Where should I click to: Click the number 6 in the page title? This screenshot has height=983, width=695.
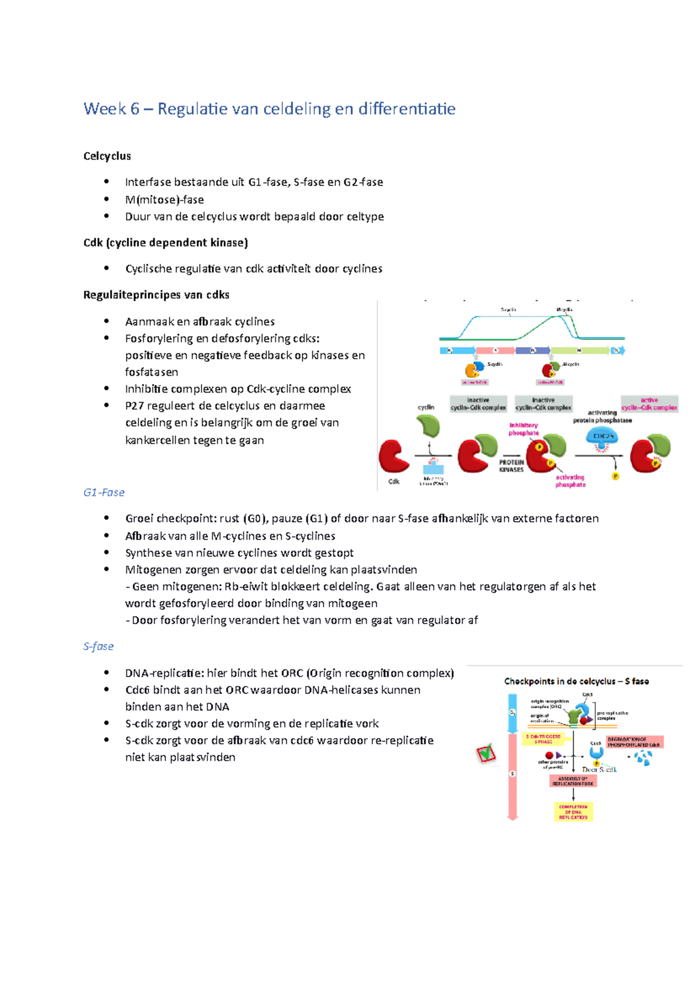(x=134, y=109)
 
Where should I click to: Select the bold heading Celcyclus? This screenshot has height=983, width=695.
(x=107, y=156)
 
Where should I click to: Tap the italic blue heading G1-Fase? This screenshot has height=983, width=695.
(x=104, y=492)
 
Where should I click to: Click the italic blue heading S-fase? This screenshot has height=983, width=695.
(x=98, y=646)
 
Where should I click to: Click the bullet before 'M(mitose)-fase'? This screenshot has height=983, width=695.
(x=107, y=199)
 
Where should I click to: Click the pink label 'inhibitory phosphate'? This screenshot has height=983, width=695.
(x=524, y=429)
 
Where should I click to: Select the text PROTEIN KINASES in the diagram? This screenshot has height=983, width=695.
(x=511, y=466)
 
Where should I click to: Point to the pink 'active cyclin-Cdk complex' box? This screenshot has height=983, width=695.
(x=649, y=404)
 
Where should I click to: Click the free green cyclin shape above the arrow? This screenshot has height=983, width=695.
(x=429, y=426)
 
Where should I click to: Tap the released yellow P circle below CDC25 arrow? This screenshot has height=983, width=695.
(x=615, y=476)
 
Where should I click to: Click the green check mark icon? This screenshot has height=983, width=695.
(x=487, y=753)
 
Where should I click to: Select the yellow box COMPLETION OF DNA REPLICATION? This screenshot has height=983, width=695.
(x=573, y=812)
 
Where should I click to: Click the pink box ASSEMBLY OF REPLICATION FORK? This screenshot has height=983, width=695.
(x=573, y=781)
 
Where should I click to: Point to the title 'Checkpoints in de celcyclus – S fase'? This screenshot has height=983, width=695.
(x=576, y=681)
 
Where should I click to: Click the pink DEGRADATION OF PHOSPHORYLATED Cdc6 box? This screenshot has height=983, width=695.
(x=634, y=742)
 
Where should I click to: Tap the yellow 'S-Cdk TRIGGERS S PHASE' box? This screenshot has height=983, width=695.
(x=543, y=739)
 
